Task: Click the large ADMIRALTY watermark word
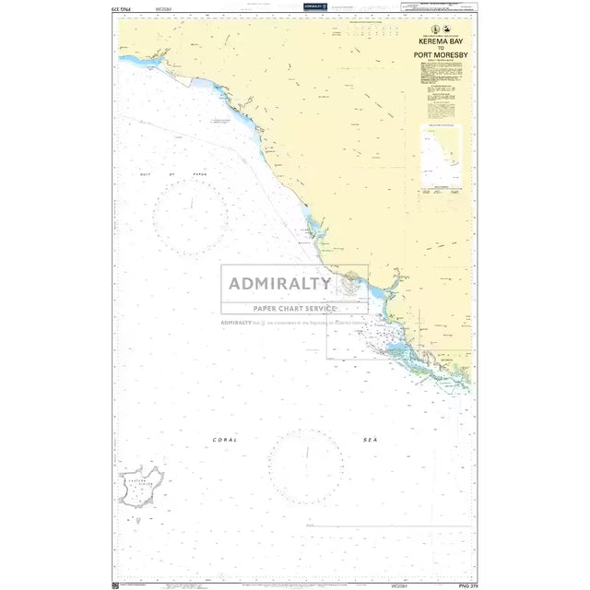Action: pos(280,283)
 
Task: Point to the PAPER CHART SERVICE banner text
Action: pos(295,308)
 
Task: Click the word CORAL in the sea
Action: pos(225,440)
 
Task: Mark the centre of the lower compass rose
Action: pos(306,466)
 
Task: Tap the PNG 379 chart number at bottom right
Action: pos(466,584)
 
